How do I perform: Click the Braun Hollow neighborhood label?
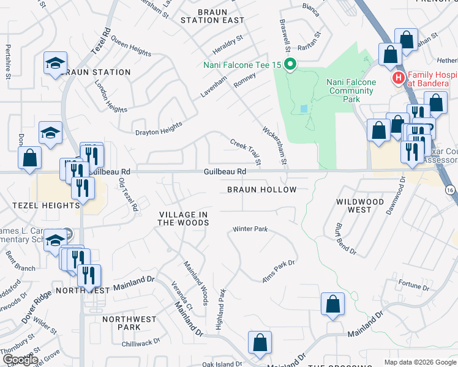(261, 190)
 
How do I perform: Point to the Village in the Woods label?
(184, 218)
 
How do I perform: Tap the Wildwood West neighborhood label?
(360, 206)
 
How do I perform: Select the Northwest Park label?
(130, 323)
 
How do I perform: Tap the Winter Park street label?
(250, 229)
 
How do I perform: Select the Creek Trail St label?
(246, 152)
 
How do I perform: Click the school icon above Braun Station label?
(55, 63)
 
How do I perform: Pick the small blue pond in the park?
(304, 109)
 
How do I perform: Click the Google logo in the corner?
(20, 360)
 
